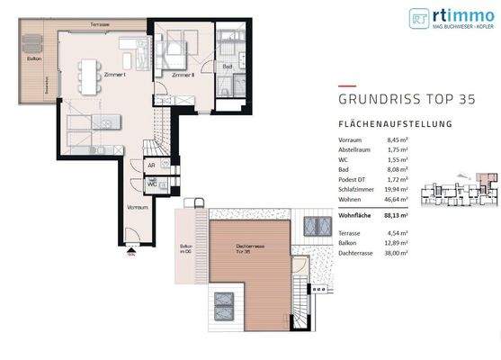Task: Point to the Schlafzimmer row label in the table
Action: [358, 189]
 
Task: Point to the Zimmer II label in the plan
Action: [183, 76]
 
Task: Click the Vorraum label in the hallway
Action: [137, 207]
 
